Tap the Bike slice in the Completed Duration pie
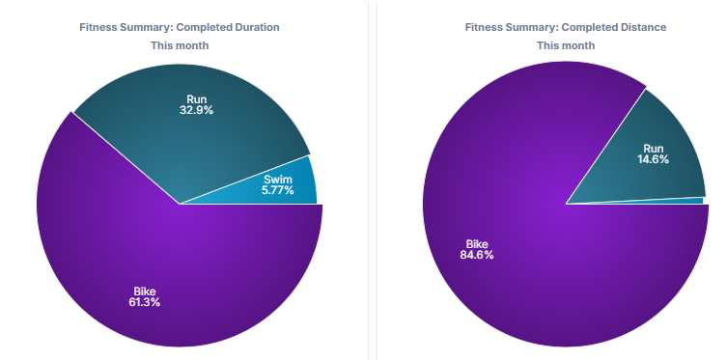click(176, 260)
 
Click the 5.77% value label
click(277, 190)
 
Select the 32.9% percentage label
click(196, 110)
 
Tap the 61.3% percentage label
click(145, 302)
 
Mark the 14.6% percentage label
click(653, 160)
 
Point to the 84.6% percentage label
click(477, 255)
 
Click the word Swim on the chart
click(278, 180)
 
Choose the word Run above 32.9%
click(197, 99)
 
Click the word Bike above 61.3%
click(145, 291)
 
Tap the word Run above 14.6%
click(654, 149)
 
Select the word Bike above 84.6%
click(477, 244)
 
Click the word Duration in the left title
click(258, 27)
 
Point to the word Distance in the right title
click(643, 27)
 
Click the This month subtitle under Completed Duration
click(180, 45)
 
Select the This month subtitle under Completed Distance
click(566, 45)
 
